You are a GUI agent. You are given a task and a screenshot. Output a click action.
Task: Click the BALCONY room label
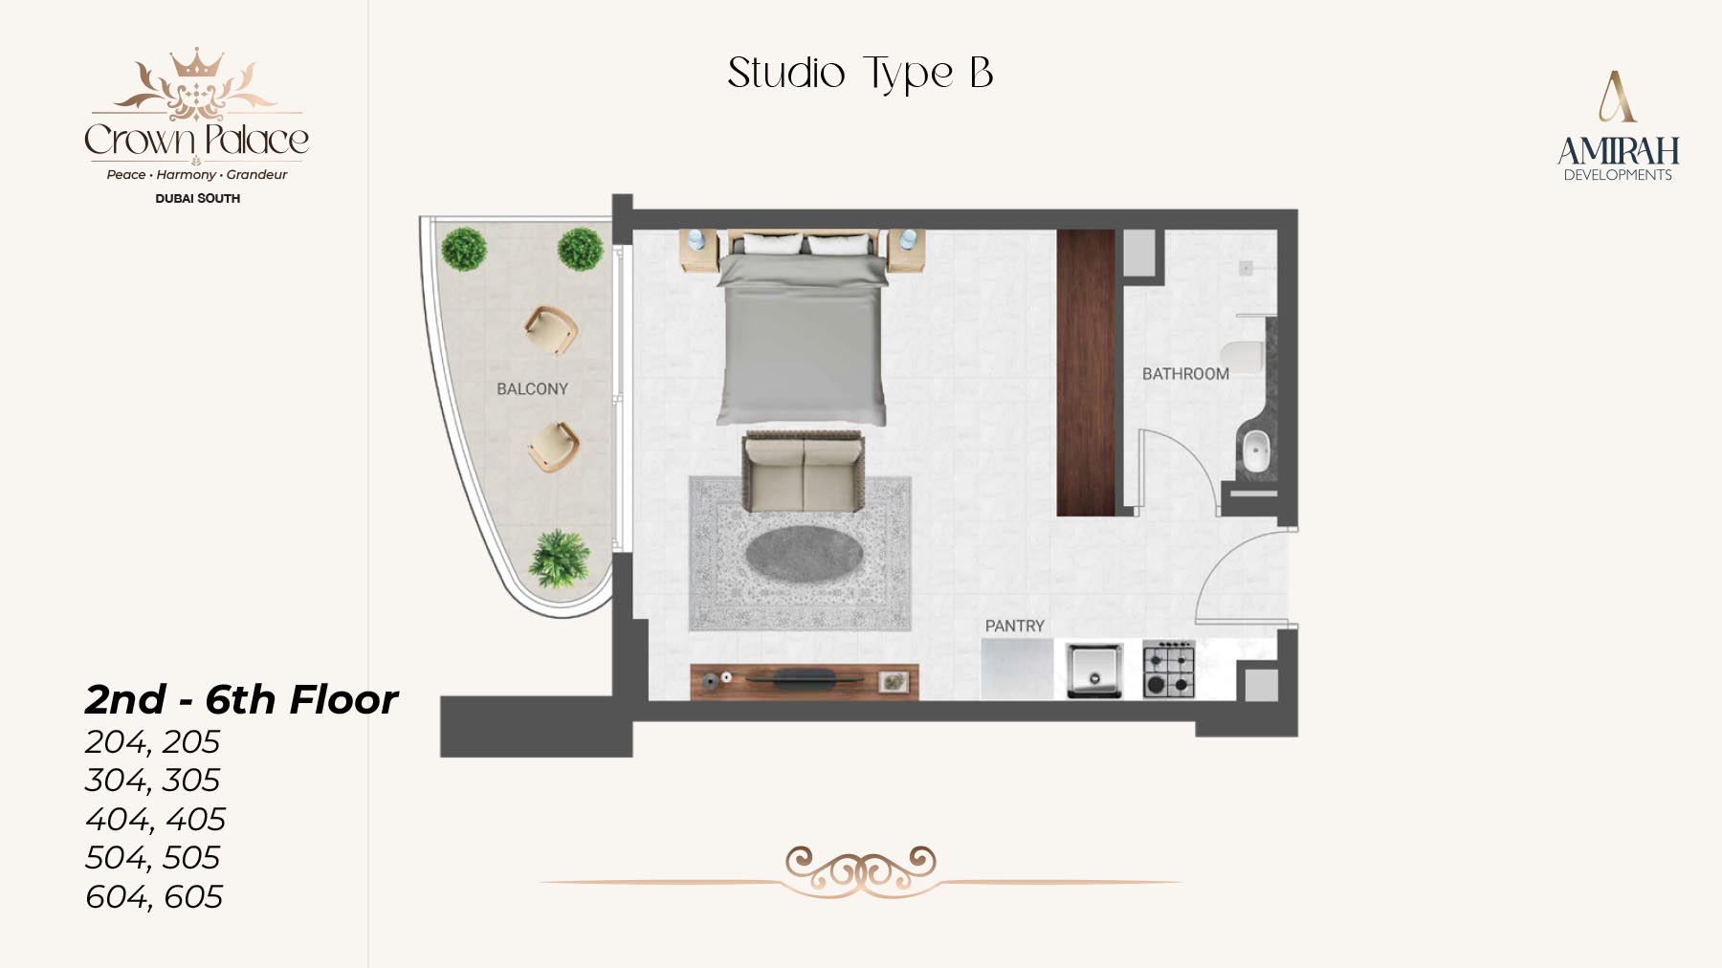pyautogui.click(x=532, y=388)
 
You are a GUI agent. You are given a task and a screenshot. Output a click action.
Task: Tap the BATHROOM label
pyautogui.click(x=1185, y=373)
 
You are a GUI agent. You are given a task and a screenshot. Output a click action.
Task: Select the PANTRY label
pyautogui.click(x=1015, y=626)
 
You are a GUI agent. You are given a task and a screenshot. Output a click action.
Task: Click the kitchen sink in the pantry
pyautogui.click(x=1093, y=669)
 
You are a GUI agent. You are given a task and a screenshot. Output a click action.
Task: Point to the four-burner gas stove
pyautogui.click(x=1168, y=669)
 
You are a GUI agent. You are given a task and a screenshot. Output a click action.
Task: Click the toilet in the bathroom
pyautogui.click(x=1243, y=359)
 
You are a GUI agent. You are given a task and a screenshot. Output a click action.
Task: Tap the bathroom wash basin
pyautogui.click(x=1255, y=450)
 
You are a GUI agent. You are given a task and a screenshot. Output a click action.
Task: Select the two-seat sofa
pyautogui.click(x=804, y=473)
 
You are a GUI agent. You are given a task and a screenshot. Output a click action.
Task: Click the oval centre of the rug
pyautogui.click(x=805, y=554)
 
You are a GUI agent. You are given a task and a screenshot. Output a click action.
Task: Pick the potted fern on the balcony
pyautogui.click(x=560, y=558)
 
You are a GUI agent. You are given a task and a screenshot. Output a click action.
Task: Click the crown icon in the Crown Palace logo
pyautogui.click(x=196, y=63)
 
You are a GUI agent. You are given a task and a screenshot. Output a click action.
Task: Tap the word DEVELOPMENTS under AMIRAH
pyautogui.click(x=1618, y=175)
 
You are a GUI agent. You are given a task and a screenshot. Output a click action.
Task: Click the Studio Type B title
pyautogui.click(x=860, y=74)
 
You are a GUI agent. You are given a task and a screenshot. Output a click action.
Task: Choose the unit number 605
pyautogui.click(x=193, y=897)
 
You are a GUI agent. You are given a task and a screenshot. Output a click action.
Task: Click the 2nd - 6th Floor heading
pyautogui.click(x=241, y=699)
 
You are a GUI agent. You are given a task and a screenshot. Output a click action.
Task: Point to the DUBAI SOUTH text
pyautogui.click(x=197, y=198)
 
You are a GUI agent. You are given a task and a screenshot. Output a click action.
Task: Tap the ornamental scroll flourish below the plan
pyautogui.click(x=861, y=871)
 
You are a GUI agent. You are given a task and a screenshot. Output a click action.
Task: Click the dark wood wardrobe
pyautogui.click(x=1086, y=372)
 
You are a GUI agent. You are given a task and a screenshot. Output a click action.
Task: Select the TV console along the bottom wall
pyautogui.click(x=805, y=681)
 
